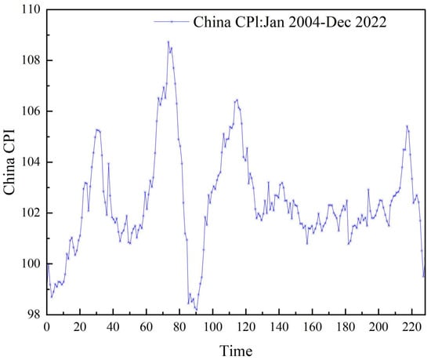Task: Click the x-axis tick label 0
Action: click(x=47, y=326)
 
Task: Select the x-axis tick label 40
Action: click(x=113, y=326)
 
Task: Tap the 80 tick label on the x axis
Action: click(x=179, y=326)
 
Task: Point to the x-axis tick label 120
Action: click(x=246, y=326)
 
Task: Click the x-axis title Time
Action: click(x=235, y=348)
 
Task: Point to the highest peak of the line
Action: click(x=168, y=42)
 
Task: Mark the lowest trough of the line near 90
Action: click(x=196, y=310)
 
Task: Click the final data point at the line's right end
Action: click(x=424, y=276)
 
